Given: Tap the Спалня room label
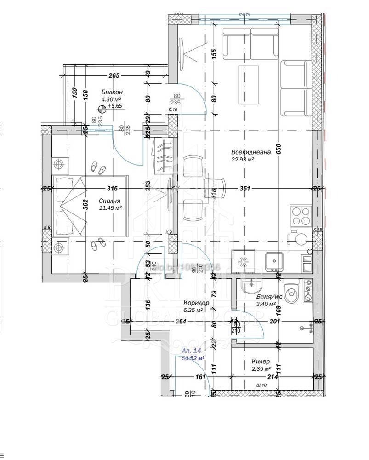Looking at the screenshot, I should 110,201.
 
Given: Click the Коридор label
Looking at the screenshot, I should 196,303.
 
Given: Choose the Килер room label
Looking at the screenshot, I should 261,362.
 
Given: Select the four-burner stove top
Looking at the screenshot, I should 301,217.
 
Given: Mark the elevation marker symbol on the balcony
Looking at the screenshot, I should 102,109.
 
